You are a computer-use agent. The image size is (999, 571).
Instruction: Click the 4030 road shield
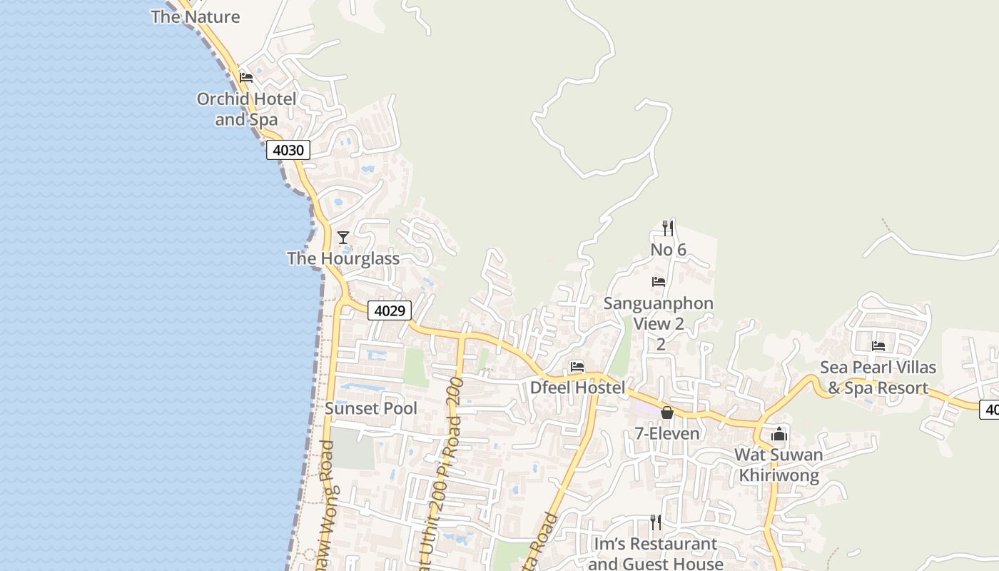pyautogui.click(x=288, y=151)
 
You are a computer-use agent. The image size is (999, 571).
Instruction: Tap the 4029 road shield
pyautogui.click(x=390, y=310)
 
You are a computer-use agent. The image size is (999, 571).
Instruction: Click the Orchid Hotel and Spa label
pyautogui.click(x=246, y=109)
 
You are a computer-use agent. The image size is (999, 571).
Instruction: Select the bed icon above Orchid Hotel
pyautogui.click(x=246, y=77)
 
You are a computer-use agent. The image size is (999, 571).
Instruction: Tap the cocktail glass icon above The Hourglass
pyautogui.click(x=343, y=237)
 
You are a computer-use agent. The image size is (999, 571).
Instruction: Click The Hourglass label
pyautogui.click(x=343, y=258)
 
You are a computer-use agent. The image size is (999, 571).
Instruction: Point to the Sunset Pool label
pyautogui.click(x=370, y=408)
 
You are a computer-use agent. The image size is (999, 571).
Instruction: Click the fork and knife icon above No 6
pyautogui.click(x=668, y=228)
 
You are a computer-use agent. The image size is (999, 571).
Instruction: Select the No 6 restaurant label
pyautogui.click(x=668, y=250)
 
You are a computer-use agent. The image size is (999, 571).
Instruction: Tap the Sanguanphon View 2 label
pyautogui.click(x=659, y=313)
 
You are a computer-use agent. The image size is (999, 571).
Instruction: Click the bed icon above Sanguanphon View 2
pyautogui.click(x=659, y=282)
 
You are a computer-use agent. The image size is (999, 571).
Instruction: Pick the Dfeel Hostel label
pyautogui.click(x=577, y=388)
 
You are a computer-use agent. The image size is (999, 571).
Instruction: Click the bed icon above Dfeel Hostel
pyautogui.click(x=577, y=367)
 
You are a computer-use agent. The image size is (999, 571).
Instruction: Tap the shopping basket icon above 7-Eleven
pyautogui.click(x=667, y=413)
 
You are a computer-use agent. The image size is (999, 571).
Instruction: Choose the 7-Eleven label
pyautogui.click(x=667, y=433)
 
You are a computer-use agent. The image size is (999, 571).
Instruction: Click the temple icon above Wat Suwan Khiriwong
pyautogui.click(x=779, y=434)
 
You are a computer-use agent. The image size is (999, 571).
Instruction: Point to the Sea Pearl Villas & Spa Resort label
pyautogui.click(x=878, y=378)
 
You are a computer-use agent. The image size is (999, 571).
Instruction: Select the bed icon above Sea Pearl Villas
pyautogui.click(x=878, y=346)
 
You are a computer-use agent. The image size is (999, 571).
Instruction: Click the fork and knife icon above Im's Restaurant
pyautogui.click(x=656, y=522)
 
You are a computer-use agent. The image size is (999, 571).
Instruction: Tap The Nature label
pyautogui.click(x=195, y=17)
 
